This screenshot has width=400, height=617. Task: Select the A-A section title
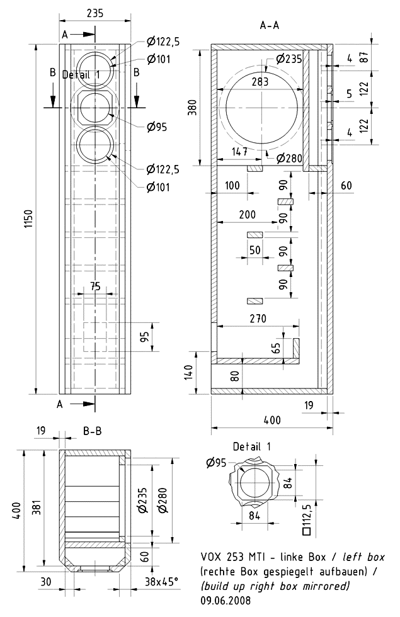click(x=270, y=26)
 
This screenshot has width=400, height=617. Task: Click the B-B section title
click(x=93, y=431)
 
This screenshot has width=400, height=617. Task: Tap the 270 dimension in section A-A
click(x=257, y=318)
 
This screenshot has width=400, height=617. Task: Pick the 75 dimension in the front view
click(x=95, y=286)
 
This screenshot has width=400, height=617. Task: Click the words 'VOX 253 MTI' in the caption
click(x=231, y=557)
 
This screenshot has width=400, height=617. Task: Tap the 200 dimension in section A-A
click(x=248, y=215)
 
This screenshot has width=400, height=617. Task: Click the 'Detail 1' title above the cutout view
click(x=251, y=446)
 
